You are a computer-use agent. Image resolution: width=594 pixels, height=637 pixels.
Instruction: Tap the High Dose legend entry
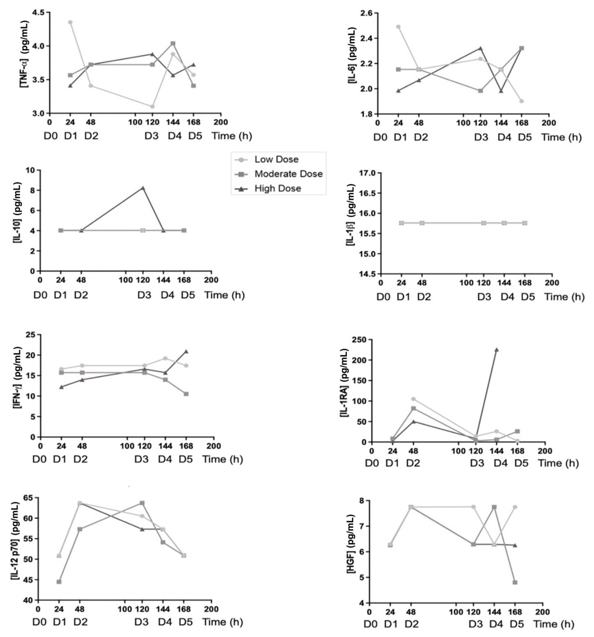tap(278, 188)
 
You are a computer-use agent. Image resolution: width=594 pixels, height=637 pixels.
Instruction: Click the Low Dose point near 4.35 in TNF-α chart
tap(70, 22)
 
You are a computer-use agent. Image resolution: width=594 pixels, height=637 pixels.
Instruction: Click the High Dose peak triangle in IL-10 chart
tap(143, 188)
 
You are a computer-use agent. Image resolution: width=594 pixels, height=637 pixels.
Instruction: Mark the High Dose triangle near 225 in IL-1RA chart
tap(496, 350)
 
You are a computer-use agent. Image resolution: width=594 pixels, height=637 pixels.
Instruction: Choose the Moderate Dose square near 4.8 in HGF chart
tap(515, 582)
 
